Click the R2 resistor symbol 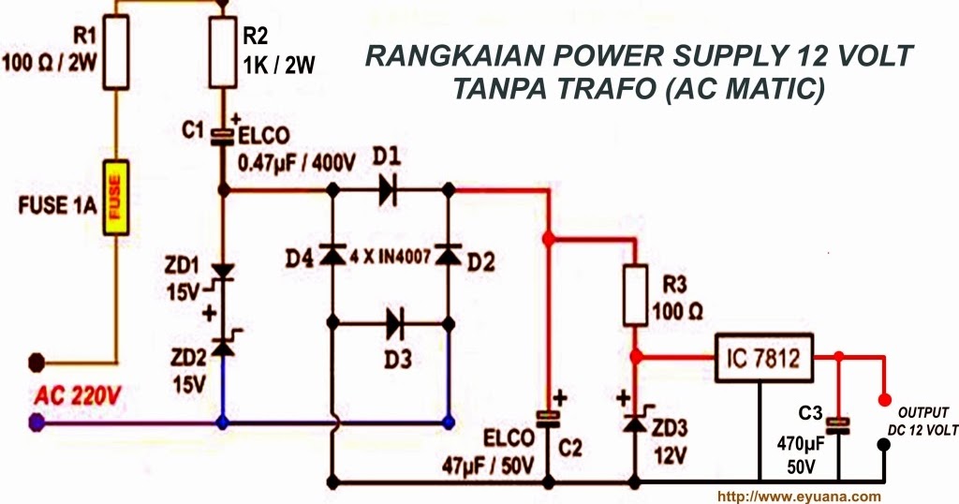(223, 54)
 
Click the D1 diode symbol (391, 189)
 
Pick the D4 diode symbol (331, 254)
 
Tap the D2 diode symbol (450, 254)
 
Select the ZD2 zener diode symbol (223, 345)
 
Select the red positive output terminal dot (883, 400)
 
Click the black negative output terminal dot (883, 445)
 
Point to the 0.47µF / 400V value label (298, 162)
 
